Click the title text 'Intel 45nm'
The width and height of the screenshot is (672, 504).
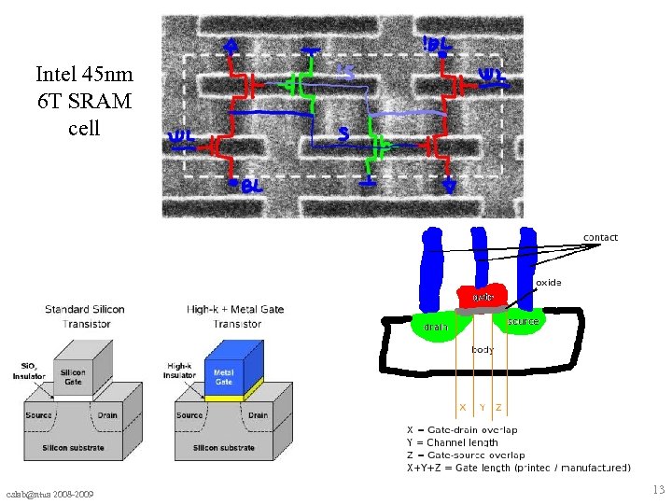pyautogui.click(x=84, y=74)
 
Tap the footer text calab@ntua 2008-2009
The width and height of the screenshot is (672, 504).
pyautogui.click(x=54, y=493)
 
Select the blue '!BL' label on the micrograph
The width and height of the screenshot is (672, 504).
pyautogui.click(x=438, y=44)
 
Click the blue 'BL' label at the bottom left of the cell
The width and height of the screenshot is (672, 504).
pyautogui.click(x=250, y=188)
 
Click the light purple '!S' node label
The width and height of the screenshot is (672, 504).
pyautogui.click(x=344, y=71)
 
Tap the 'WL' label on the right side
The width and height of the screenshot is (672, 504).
pyautogui.click(x=492, y=79)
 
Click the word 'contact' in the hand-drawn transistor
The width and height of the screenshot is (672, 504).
pyautogui.click(x=600, y=237)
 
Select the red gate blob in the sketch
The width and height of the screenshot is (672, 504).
pyautogui.click(x=483, y=295)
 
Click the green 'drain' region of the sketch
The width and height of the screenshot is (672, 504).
pyautogui.click(x=436, y=327)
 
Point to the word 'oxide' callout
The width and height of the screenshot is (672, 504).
pyautogui.click(x=549, y=282)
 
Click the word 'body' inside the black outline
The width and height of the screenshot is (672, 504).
pyautogui.click(x=483, y=349)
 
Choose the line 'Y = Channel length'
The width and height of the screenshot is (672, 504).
pyautogui.click(x=453, y=442)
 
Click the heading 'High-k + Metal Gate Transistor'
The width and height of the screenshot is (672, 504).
pyautogui.click(x=235, y=316)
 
